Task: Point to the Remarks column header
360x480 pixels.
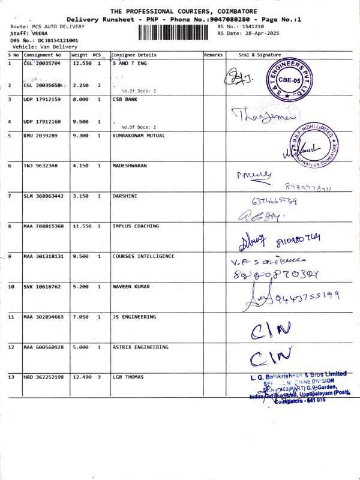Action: tap(213, 55)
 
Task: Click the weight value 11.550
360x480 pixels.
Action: tap(82, 226)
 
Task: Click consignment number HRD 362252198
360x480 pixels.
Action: tap(43, 377)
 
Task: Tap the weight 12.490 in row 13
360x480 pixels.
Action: tap(82, 377)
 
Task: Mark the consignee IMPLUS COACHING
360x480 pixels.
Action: tap(136, 226)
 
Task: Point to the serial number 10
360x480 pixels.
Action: tap(11, 287)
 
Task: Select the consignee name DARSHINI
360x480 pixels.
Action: tap(125, 196)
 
